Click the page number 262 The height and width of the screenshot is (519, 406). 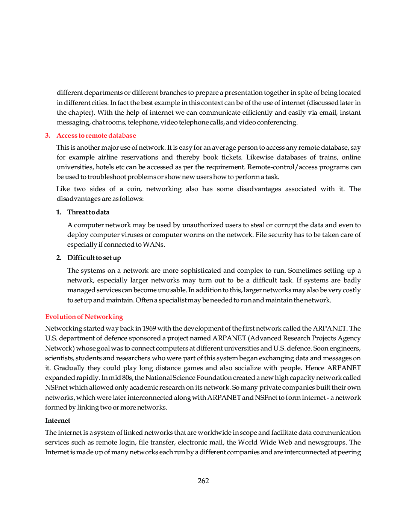[x=203, y=481]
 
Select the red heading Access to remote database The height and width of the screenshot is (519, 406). [x=96, y=135]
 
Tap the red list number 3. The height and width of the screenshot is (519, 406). [x=47, y=135]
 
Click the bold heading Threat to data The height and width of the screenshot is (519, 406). [x=88, y=212]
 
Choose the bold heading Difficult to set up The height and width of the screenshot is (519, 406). [x=94, y=258]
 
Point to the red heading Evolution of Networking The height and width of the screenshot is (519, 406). [x=84, y=317]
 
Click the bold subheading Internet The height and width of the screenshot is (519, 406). [x=58, y=420]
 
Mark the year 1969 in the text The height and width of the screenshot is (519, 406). [x=149, y=328]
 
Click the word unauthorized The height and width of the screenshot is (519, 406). [x=203, y=225]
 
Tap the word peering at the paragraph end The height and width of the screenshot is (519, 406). [x=349, y=452]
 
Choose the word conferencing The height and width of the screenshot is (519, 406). [x=277, y=122]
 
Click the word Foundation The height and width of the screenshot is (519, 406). [x=219, y=378]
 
